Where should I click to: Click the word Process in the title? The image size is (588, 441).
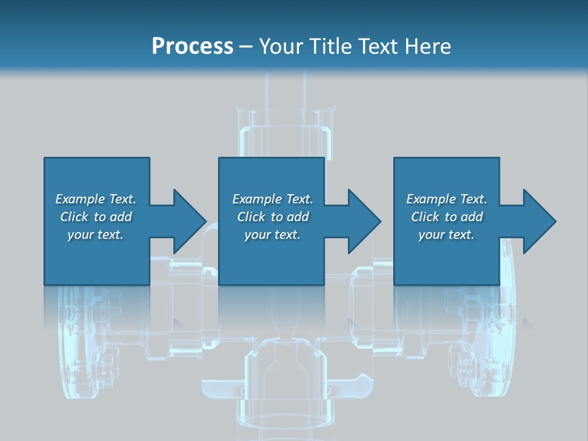(192, 47)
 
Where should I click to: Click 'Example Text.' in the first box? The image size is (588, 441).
(96, 199)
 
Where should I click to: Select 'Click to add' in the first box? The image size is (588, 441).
(96, 217)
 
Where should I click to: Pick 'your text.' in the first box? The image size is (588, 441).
(96, 235)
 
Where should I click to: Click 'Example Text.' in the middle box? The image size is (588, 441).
(273, 199)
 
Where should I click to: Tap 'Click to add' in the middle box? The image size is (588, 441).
(273, 217)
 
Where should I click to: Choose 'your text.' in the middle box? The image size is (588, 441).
(273, 235)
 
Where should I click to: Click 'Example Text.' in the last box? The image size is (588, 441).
(447, 199)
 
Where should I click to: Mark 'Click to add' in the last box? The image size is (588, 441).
(447, 217)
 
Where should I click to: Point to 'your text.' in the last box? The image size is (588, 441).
(447, 235)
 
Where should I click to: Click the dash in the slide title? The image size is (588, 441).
(246, 47)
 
